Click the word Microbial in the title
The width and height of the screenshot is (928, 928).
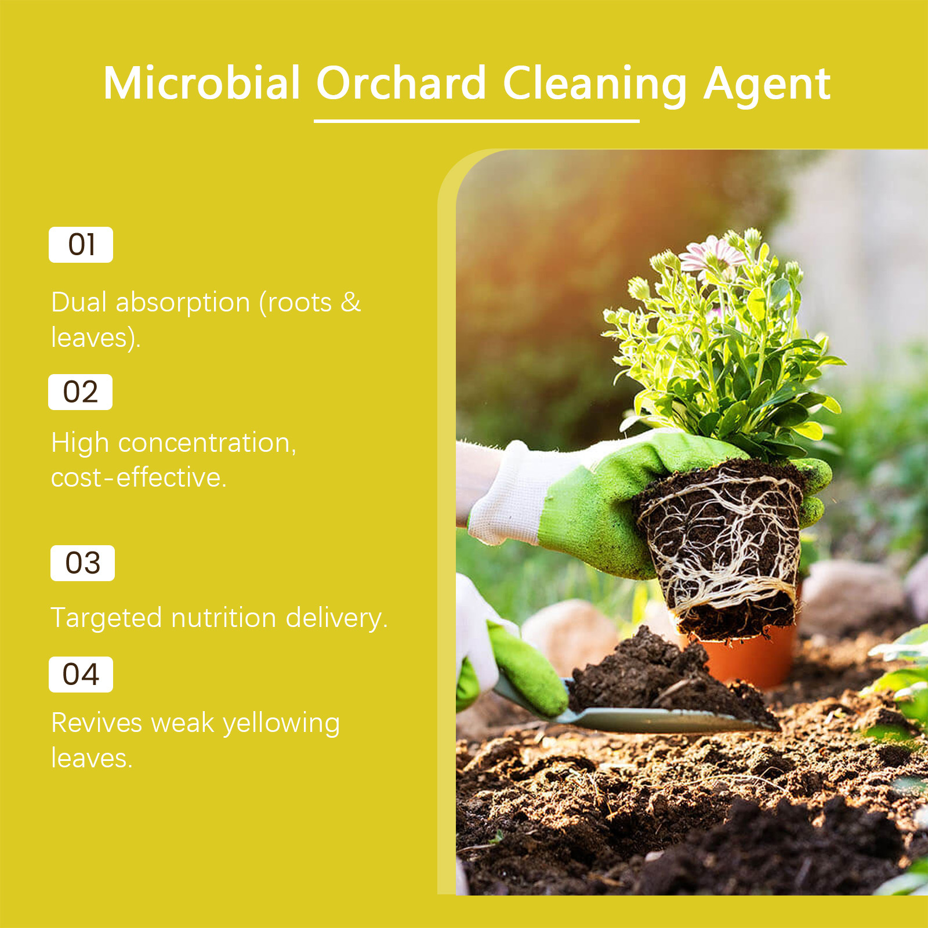coord(202,83)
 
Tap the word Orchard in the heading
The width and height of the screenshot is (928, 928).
coord(401,83)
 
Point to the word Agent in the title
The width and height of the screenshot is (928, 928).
coord(767,86)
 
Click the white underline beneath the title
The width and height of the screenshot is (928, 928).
coord(477,121)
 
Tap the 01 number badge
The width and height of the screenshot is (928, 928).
coord(81,245)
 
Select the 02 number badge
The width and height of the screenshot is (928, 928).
coord(81,392)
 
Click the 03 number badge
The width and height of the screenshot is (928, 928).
coord(83,563)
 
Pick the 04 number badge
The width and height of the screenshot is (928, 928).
coord(81,675)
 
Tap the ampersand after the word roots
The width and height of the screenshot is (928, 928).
coord(350,302)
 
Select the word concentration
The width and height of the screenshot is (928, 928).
coord(207,443)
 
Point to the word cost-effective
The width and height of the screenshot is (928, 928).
coord(139,477)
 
